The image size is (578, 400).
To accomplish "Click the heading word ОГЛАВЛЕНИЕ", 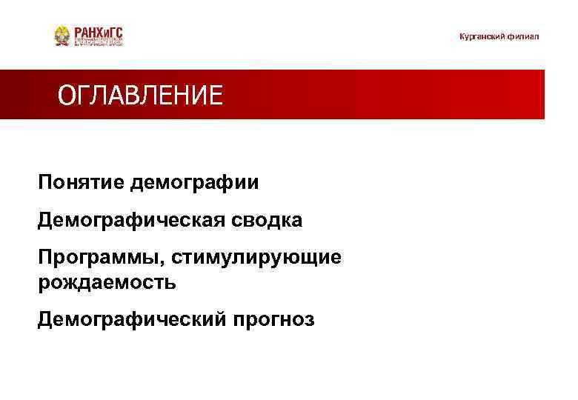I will [x=140, y=96].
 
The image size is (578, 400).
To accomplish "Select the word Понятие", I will [x=82, y=182].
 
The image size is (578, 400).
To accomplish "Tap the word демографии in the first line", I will [x=195, y=182].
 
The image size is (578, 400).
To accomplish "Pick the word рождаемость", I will [x=107, y=282].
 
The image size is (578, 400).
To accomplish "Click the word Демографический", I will [x=133, y=319].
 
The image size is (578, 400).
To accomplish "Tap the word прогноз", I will [x=274, y=319].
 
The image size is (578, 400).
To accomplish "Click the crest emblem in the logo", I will [x=63, y=36].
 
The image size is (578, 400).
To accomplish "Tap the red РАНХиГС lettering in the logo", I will [x=99, y=32].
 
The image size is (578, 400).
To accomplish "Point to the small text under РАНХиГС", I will [x=99, y=43].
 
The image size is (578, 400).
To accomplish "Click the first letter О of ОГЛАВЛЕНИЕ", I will [x=66, y=96].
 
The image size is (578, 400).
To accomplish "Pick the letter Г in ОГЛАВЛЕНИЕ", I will [x=82, y=96].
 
